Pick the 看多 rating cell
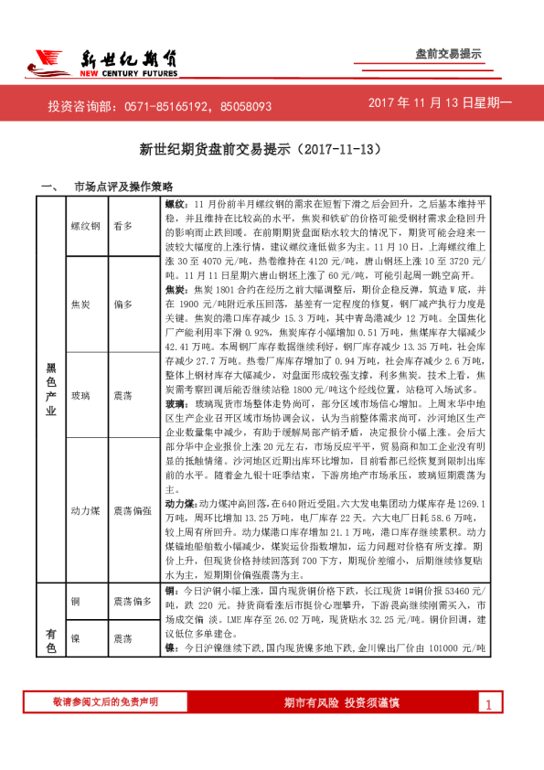tap(123, 225)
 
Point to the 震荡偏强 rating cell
tap(132, 511)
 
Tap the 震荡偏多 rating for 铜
tap(132, 601)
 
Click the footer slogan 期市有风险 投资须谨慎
tap(342, 702)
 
